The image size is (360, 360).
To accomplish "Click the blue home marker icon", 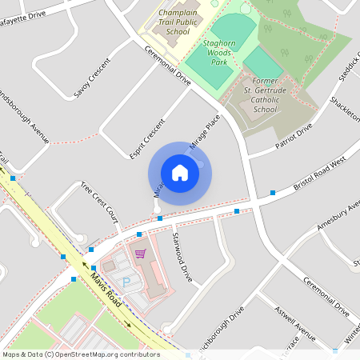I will [x=180, y=172].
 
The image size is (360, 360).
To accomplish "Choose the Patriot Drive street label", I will [x=293, y=137].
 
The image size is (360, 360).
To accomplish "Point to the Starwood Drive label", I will [x=182, y=256].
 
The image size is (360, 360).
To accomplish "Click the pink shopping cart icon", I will [x=141, y=254].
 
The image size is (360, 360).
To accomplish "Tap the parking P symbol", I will [x=126, y=282].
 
